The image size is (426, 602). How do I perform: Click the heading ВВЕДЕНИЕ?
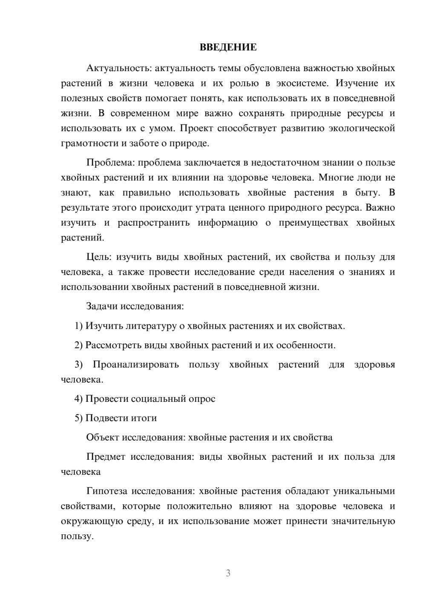(x=228, y=47)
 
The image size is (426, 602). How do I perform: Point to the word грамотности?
(x=90, y=143)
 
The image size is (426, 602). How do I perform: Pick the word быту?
(x=367, y=192)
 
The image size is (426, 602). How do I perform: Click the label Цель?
(x=99, y=257)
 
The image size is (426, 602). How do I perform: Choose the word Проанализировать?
(x=136, y=364)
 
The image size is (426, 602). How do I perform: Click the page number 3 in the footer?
(x=228, y=573)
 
